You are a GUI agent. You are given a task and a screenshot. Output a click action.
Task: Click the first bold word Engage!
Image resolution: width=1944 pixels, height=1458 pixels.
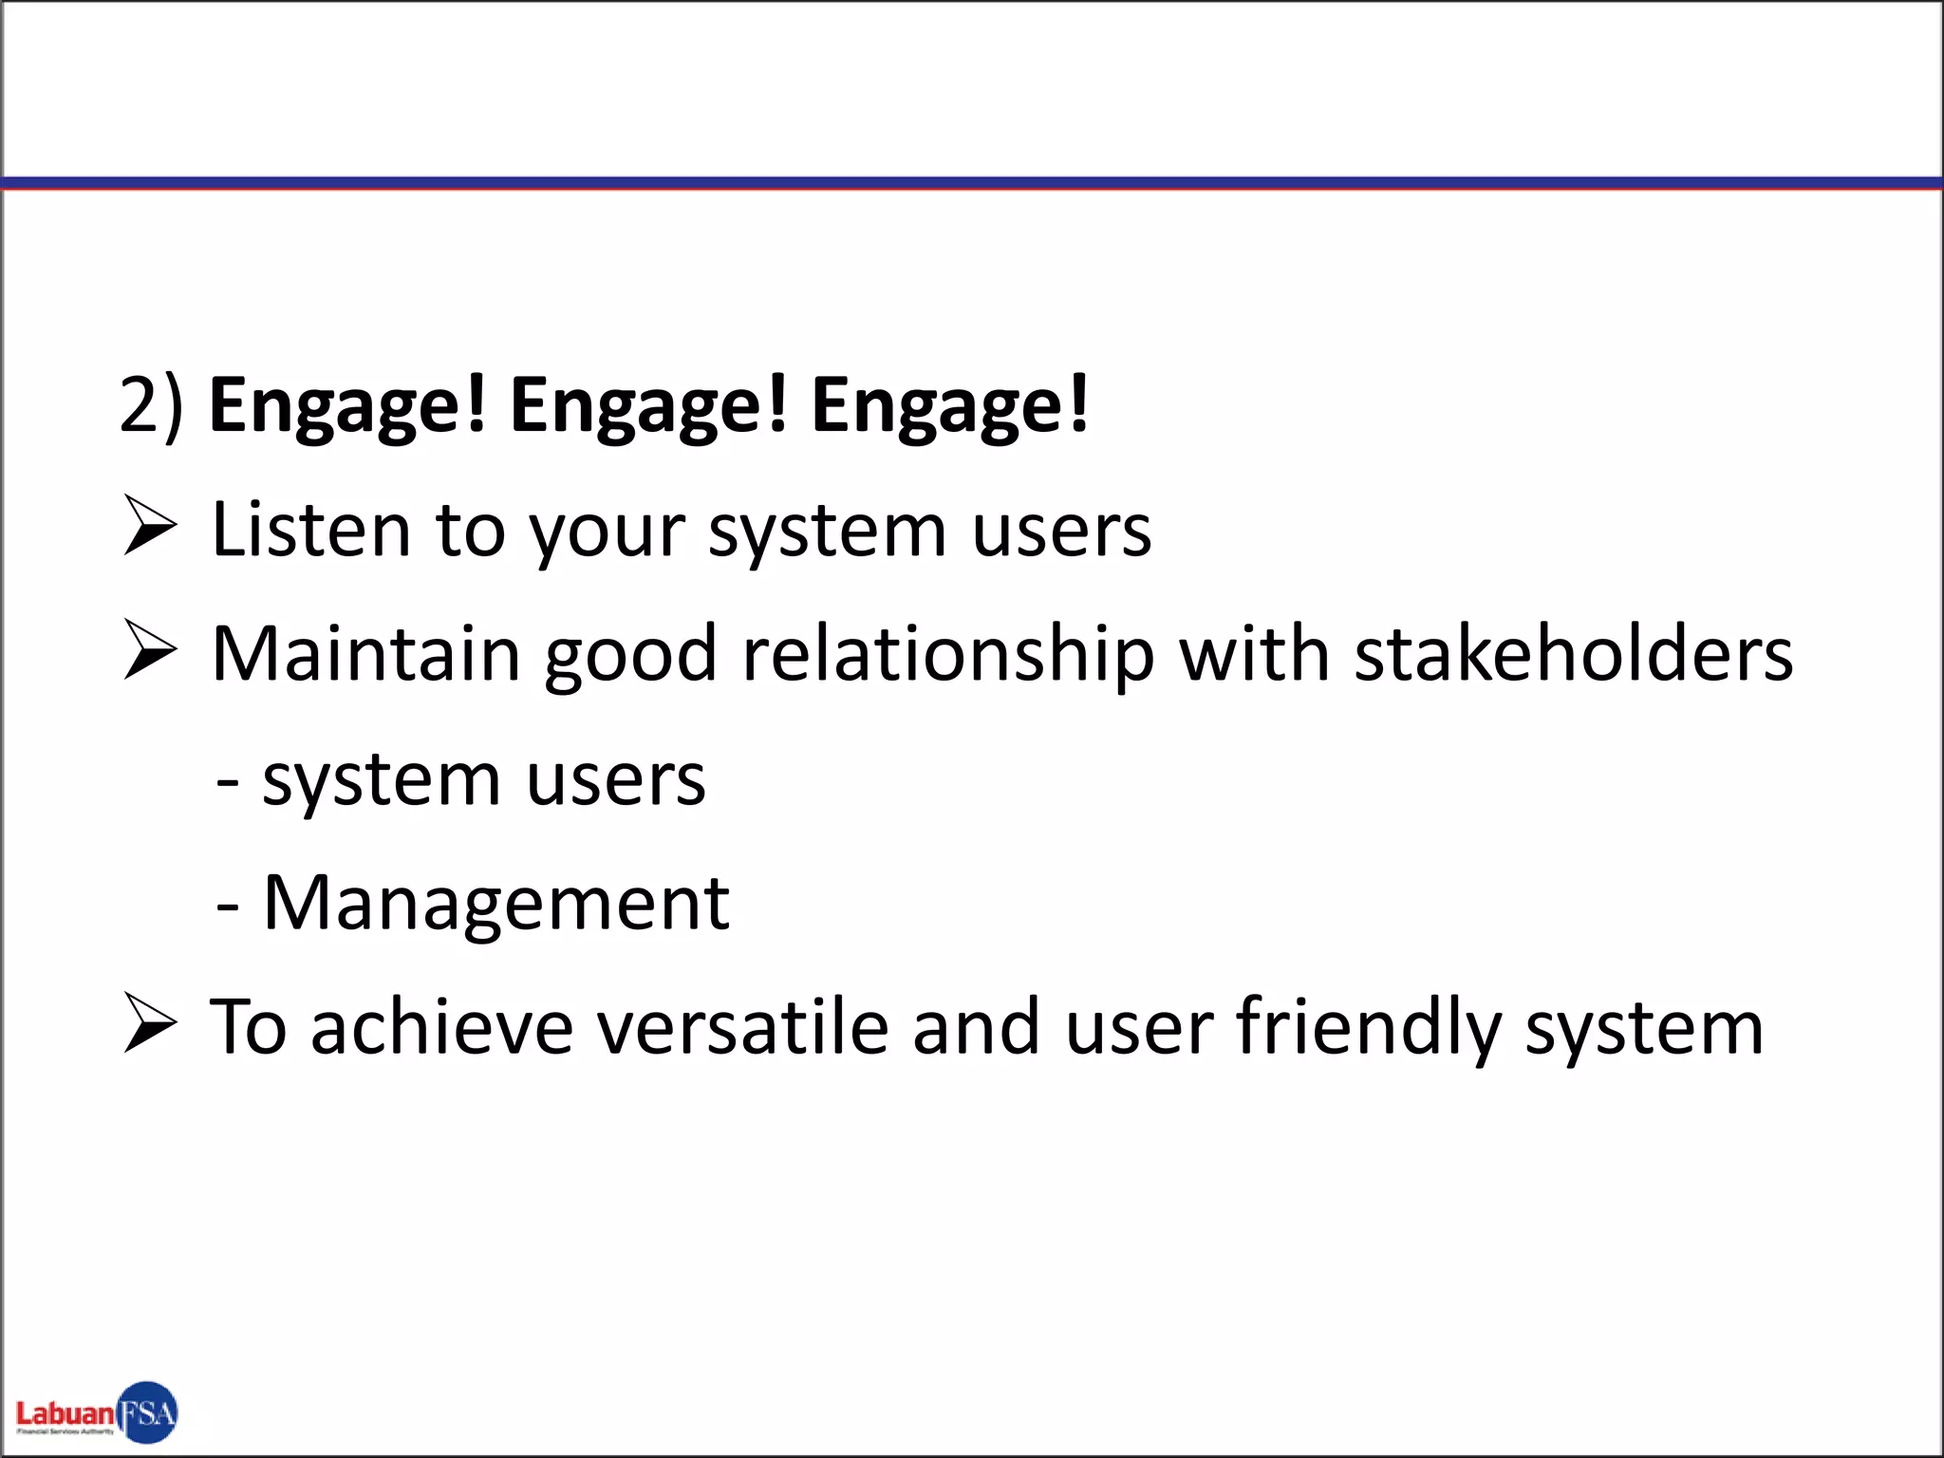(x=346, y=405)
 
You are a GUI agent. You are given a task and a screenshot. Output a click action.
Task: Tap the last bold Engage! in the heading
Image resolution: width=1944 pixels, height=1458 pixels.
(x=949, y=405)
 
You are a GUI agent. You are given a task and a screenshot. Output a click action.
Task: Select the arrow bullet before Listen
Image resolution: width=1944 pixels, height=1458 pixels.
(x=150, y=528)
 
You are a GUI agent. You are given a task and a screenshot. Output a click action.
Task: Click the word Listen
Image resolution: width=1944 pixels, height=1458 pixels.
(x=310, y=530)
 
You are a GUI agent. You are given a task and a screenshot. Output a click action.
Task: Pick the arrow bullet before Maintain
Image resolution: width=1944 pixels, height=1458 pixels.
(x=150, y=652)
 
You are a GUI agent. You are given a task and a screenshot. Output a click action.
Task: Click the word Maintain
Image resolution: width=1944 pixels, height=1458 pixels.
(x=365, y=654)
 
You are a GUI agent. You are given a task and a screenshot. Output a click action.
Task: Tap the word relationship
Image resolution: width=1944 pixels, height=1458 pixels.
(x=946, y=656)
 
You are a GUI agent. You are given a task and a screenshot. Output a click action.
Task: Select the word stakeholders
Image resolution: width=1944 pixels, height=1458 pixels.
(x=1573, y=654)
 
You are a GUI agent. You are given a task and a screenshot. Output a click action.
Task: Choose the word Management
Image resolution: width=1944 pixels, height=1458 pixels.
(x=495, y=905)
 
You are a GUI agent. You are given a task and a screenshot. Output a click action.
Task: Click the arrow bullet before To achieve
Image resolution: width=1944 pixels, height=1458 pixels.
(x=150, y=1025)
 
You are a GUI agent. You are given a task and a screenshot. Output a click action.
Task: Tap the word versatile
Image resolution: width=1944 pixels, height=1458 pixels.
(x=741, y=1028)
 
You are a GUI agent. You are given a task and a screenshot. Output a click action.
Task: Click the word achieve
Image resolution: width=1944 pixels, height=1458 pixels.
(x=441, y=1028)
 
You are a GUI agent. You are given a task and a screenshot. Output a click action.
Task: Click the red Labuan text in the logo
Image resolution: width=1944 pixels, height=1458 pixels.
(x=65, y=1413)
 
